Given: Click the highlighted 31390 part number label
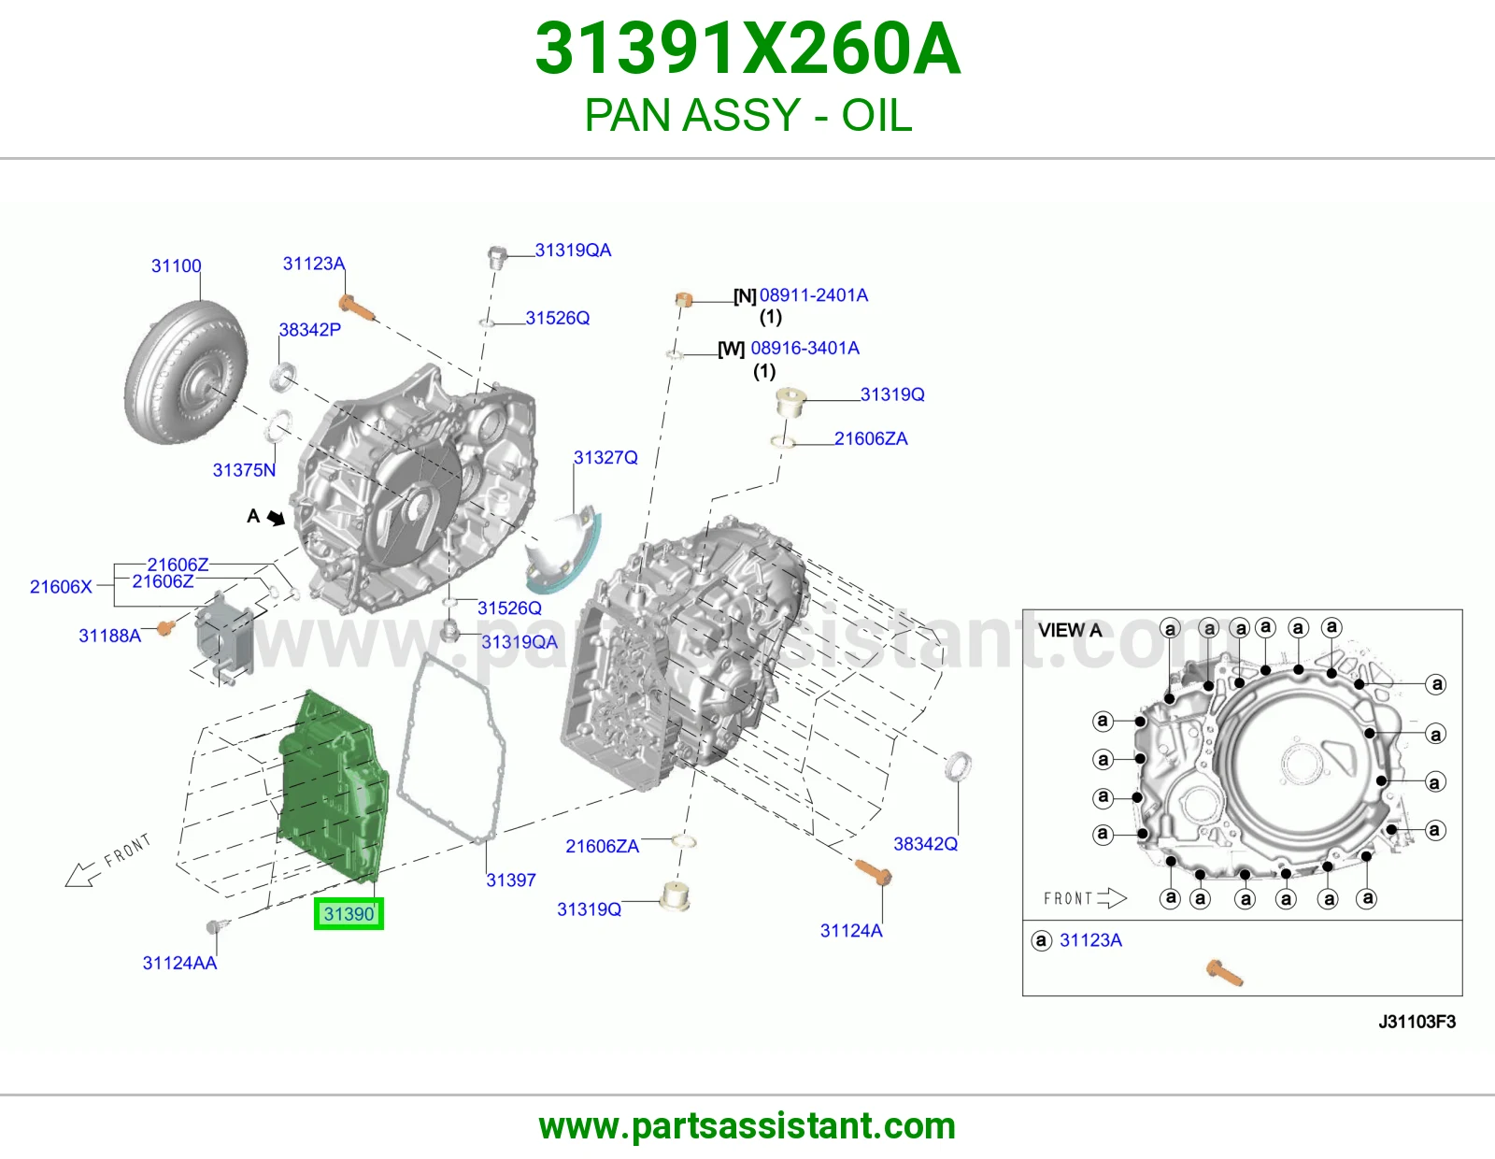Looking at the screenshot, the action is pos(349,913).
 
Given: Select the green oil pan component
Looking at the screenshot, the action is pos(334,787).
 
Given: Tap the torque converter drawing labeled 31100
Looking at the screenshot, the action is pos(185,372).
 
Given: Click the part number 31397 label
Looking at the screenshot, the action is pos(510,880).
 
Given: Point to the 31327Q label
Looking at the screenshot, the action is pos(605,457).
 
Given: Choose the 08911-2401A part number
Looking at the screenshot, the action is pos(813,295).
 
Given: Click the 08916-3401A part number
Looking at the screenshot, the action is pos(804,349).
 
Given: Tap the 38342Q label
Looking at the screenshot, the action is pos(925,844).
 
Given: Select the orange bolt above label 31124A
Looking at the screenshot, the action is pos(873,872).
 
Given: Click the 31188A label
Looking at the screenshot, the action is pos(110,636).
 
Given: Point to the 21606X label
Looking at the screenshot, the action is pos(61,586).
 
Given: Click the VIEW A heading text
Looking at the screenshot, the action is pos(1070,630).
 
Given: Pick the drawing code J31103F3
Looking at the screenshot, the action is pos(1417,1022).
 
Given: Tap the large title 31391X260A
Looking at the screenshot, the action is pos(747,49).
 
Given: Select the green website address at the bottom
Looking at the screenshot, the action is pos(747,1126).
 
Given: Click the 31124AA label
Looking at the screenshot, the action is pos(179,963).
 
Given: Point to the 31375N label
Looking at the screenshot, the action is pos(244,469).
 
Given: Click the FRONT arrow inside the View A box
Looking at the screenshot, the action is pos(1112,898).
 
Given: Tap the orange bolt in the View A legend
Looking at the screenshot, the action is pos(1225,973).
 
